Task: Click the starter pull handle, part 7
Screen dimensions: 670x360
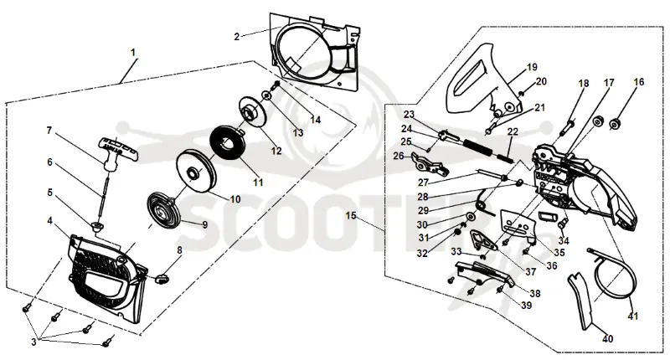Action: pos(117,152)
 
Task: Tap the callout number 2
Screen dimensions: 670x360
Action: pos(237,37)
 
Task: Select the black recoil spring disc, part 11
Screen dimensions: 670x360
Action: pos(227,143)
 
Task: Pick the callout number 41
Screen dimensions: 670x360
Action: pos(633,316)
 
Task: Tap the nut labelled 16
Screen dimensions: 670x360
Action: pos(616,123)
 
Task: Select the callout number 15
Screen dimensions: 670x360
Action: pos(351,216)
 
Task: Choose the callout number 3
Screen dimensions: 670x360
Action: pos(33,342)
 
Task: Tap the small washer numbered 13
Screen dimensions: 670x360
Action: pos(266,95)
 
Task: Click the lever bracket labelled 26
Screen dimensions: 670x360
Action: pos(430,163)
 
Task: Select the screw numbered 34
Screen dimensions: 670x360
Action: pos(562,223)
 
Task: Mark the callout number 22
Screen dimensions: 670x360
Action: pos(513,131)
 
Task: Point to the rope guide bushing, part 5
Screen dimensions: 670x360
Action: pos(97,225)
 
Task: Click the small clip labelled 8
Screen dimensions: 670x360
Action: pos(161,279)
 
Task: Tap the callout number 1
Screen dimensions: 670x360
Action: pos(133,53)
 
